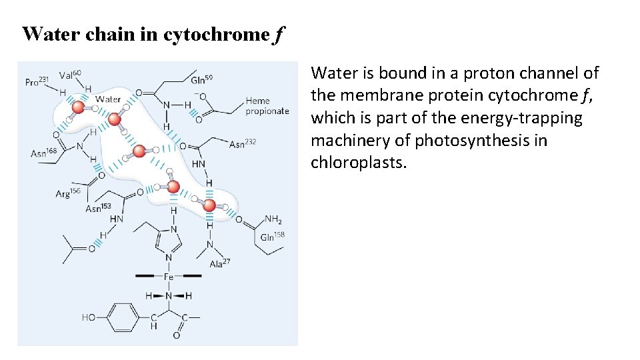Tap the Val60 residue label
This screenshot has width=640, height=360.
pyautogui.click(x=70, y=74)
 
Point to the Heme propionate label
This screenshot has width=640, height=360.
pyautogui.click(x=267, y=106)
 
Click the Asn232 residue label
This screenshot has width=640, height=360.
pyautogui.click(x=242, y=143)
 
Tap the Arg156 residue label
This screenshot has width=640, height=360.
pyautogui.click(x=68, y=194)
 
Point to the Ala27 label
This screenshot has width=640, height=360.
pyautogui.click(x=219, y=263)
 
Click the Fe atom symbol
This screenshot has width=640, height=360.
pyautogui.click(x=169, y=276)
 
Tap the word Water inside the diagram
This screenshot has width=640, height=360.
pyautogui.click(x=108, y=99)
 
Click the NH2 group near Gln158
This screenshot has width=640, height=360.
pyautogui.click(x=273, y=219)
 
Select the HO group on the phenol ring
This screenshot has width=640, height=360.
pyautogui.click(x=89, y=317)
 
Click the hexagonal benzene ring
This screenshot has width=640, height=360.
pyautogui.click(x=122, y=317)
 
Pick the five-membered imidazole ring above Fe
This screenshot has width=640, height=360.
pyautogui.click(x=167, y=241)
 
